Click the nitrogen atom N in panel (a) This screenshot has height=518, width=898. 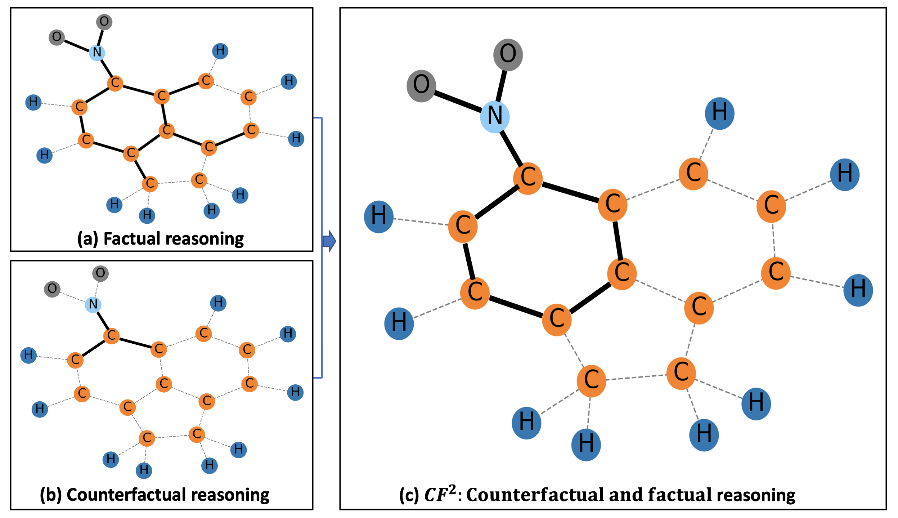(x=97, y=53)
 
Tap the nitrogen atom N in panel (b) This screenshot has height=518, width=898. (x=93, y=304)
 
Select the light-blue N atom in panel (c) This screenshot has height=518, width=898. (x=495, y=117)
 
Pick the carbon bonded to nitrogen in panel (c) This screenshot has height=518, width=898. (x=527, y=178)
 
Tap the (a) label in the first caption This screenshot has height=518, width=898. (x=87, y=239)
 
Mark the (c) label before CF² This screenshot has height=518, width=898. (x=409, y=495)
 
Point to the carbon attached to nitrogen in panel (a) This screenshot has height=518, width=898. (x=115, y=83)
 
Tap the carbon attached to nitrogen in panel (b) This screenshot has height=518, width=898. (x=112, y=336)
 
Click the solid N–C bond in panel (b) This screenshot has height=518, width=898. (x=102, y=320)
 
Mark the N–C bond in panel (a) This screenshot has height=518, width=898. (x=106, y=68)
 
